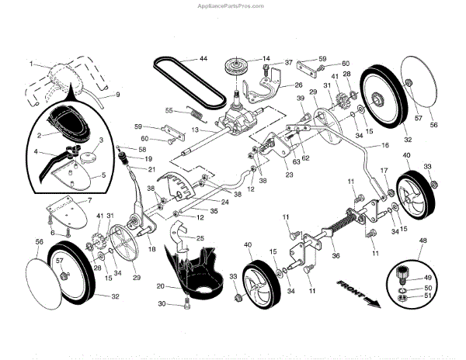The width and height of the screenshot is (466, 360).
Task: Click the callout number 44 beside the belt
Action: [x=203, y=59]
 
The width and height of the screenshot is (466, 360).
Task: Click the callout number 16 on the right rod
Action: [x=386, y=145]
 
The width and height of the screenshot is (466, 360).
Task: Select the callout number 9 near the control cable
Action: [x=118, y=95]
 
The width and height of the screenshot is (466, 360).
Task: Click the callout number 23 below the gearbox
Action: [x=267, y=175]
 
